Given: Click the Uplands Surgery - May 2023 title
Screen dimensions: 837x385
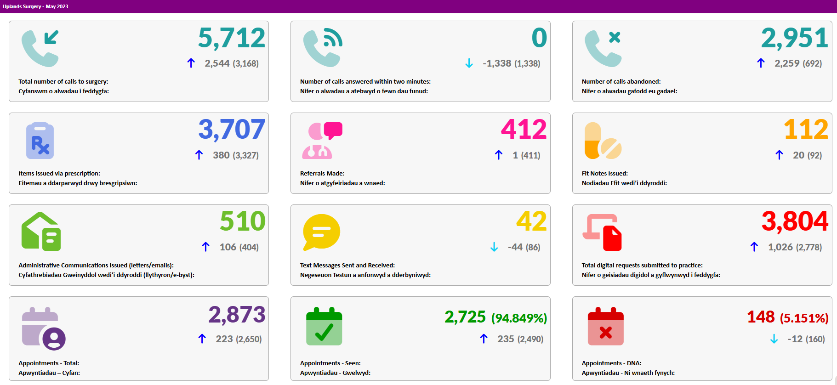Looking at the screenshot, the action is [35, 6].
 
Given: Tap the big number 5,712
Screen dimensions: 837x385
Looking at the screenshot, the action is [232, 38].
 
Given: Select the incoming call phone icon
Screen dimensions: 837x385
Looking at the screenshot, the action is [40, 48].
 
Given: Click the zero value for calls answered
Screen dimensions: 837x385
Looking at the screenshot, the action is [539, 38].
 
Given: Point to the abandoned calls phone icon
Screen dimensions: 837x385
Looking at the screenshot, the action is [603, 48].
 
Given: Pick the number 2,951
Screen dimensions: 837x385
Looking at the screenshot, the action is [795, 38].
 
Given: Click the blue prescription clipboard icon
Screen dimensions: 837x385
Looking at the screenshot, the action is [40, 141].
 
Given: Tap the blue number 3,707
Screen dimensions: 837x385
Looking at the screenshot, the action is [232, 130].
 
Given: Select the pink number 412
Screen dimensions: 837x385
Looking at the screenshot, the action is [524, 130].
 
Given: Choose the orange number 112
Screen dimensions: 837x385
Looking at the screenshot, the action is [806, 130].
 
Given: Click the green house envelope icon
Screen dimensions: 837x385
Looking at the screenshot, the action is [41, 231].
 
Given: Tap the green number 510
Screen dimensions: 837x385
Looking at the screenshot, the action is [243, 221].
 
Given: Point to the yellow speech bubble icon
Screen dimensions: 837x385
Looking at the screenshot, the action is [322, 232].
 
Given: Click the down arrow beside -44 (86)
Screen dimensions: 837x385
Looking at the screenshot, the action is [494, 247].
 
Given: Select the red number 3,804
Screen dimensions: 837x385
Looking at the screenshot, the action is [795, 221].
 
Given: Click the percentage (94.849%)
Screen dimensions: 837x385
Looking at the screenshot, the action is [519, 318].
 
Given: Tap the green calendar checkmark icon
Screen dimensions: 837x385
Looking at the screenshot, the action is [324, 326].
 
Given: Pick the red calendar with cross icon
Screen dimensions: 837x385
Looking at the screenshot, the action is [606, 326].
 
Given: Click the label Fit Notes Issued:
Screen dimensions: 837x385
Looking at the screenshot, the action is [605, 173].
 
